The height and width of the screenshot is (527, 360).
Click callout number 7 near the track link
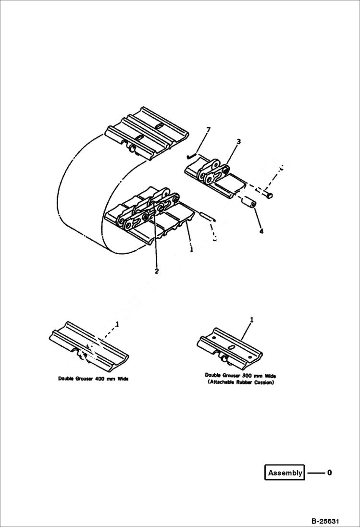(x=208, y=130)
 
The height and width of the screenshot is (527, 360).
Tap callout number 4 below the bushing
(x=261, y=231)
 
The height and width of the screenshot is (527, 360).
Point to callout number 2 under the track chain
(x=157, y=271)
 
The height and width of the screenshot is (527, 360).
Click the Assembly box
(x=285, y=473)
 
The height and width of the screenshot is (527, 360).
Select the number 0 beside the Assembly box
(x=329, y=473)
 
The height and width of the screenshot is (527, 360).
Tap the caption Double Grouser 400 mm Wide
(x=93, y=379)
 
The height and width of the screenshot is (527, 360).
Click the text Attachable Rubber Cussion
(x=240, y=382)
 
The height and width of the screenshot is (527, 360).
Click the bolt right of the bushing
(x=268, y=195)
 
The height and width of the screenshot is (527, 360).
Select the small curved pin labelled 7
(x=191, y=155)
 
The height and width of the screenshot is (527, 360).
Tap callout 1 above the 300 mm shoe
(x=251, y=320)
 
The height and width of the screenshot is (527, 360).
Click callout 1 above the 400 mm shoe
(x=117, y=324)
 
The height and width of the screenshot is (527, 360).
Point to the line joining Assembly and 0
(x=316, y=473)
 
